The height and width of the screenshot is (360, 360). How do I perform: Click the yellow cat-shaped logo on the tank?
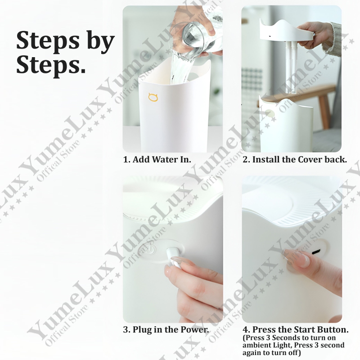153,97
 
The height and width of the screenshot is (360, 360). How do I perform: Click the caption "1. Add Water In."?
157,159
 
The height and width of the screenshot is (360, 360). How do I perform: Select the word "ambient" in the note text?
256,345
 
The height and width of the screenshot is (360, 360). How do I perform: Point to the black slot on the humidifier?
316,252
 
